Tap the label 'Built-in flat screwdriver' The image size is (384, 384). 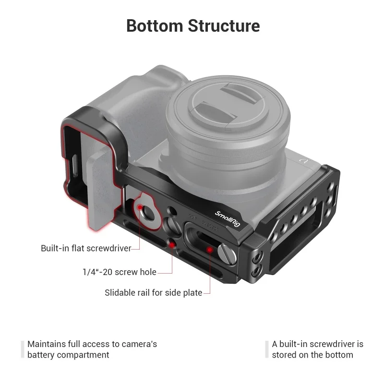[x=86, y=248]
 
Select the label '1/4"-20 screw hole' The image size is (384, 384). [x=119, y=272]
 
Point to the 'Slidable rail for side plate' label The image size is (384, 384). [x=153, y=292]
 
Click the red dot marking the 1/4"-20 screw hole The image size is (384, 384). [x=172, y=245]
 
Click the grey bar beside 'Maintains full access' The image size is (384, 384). [x=22, y=349]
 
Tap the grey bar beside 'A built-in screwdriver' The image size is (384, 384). [x=266, y=349]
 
